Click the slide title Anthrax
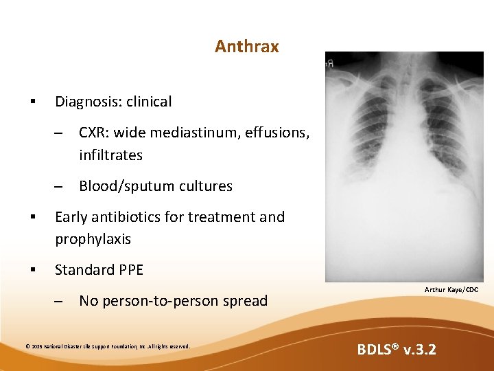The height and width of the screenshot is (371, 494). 246,47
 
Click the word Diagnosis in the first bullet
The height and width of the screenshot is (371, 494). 84,102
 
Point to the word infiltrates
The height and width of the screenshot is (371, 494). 110,155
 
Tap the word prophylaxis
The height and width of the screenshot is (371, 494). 93,240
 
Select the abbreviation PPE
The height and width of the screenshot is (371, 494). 128,270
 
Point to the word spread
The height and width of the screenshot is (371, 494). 246,301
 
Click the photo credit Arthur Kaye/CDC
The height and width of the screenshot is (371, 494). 451,291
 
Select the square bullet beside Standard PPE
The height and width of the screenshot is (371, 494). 33,271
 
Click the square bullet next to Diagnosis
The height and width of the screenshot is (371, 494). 33,102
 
